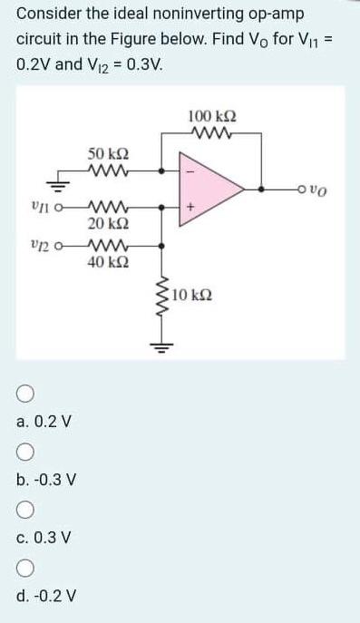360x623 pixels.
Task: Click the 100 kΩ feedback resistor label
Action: [210, 116]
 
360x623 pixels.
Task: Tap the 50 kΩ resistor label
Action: [107, 153]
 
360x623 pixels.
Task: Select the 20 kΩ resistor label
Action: [107, 222]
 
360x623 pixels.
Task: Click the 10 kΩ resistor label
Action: [192, 296]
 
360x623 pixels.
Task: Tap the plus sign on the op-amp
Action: [190, 208]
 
